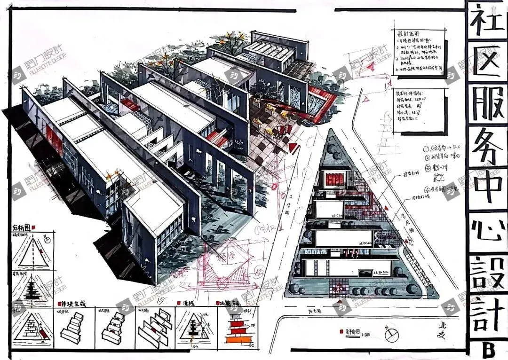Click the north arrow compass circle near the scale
tap(391, 335)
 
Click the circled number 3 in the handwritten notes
tap(428, 167)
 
